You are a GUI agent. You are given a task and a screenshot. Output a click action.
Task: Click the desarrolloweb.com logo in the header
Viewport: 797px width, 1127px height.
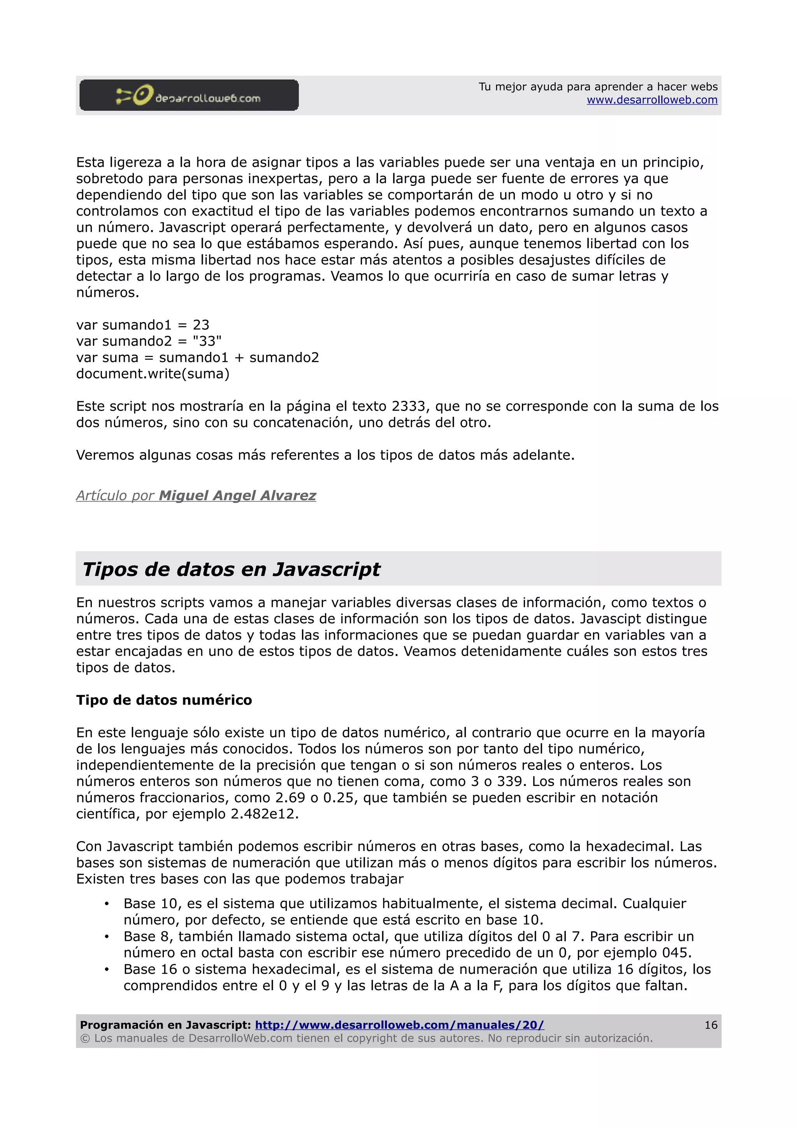click(189, 95)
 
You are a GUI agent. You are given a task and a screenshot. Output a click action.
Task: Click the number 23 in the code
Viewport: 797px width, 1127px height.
click(201, 325)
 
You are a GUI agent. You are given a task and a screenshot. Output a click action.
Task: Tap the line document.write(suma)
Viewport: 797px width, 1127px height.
click(153, 374)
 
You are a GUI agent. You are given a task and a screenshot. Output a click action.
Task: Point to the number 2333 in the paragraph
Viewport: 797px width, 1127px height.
click(408, 406)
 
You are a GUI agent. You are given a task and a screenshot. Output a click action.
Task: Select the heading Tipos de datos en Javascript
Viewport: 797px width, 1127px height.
click(231, 569)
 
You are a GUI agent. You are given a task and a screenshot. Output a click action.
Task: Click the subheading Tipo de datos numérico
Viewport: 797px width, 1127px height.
click(164, 700)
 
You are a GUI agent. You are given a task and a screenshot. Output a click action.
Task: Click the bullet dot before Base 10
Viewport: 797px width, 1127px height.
click(107, 904)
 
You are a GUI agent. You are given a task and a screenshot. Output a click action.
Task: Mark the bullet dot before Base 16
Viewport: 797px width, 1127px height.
click(107, 970)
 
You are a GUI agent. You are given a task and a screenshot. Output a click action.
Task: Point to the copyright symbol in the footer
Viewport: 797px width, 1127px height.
click(85, 1038)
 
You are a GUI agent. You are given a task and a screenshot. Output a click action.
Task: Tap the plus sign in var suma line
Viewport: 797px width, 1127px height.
click(239, 358)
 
